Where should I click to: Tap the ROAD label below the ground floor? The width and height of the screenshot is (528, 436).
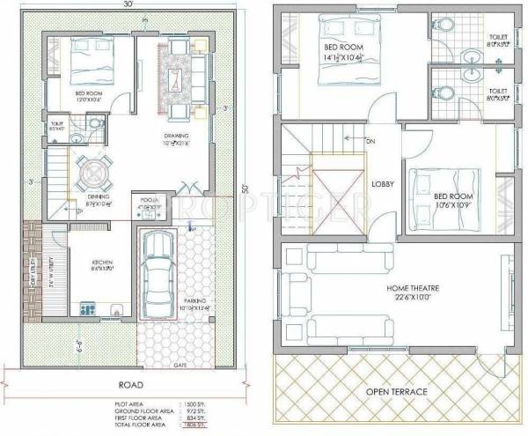click(131, 384)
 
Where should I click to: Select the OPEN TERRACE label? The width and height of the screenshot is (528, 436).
click(397, 390)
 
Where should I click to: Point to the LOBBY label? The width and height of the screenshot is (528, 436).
click(382, 184)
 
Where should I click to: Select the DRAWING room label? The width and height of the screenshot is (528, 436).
click(177, 136)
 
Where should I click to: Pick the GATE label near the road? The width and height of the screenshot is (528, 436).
click(182, 363)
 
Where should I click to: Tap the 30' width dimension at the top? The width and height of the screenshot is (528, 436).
click(129, 5)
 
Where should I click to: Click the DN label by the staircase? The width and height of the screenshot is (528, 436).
click(370, 140)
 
